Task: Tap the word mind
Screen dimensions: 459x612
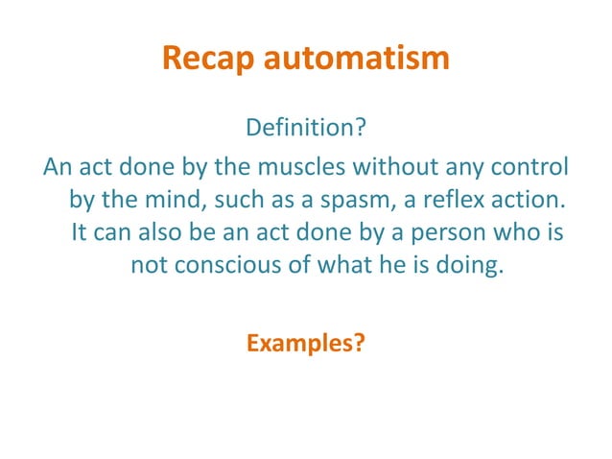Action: (x=183, y=202)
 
